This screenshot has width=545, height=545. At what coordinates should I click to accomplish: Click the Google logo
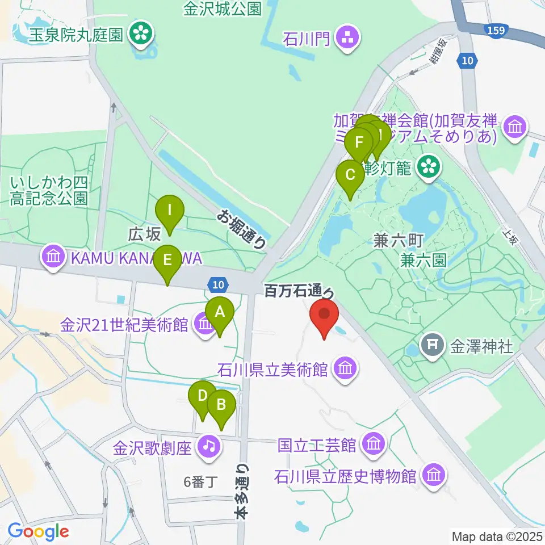click(38, 532)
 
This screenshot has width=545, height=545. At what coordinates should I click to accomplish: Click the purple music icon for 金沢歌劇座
click(209, 446)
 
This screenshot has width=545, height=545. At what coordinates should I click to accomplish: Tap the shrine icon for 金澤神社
click(433, 345)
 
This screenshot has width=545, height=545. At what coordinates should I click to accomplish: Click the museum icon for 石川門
click(345, 40)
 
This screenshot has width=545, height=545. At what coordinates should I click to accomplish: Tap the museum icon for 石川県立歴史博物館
click(435, 474)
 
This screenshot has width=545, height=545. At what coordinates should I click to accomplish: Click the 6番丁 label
click(200, 483)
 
